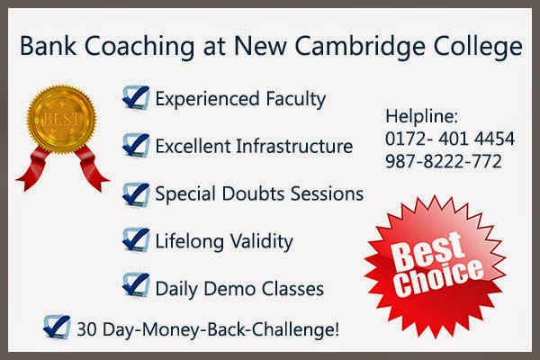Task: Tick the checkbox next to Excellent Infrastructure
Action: (136, 144)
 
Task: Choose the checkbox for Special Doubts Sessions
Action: (136, 193)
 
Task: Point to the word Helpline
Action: (421, 118)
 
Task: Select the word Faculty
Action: (293, 98)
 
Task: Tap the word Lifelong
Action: (188, 241)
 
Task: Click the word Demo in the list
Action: (232, 289)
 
